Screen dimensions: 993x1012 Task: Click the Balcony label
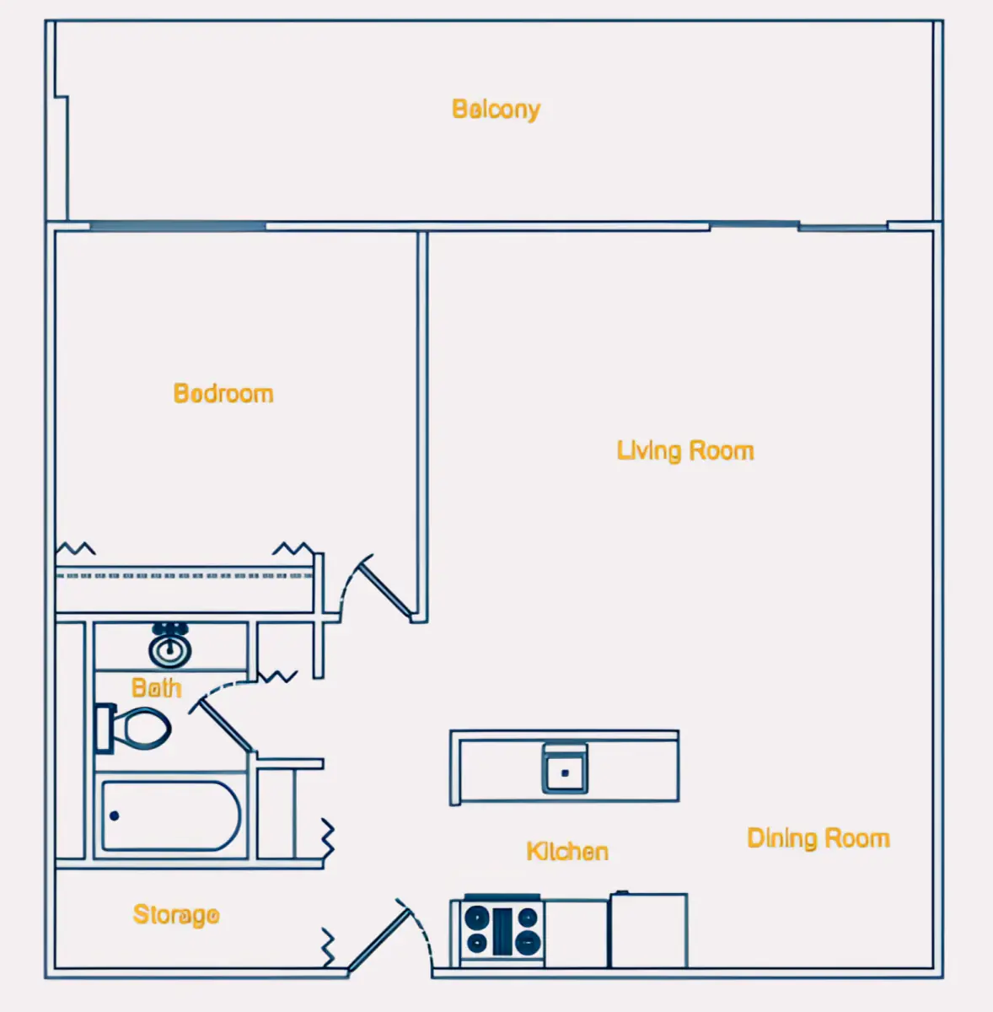click(496, 110)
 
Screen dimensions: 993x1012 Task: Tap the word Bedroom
click(223, 393)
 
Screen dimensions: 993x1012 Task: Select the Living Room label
click(685, 451)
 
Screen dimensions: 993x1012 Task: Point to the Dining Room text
click(819, 838)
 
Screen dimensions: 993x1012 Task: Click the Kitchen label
click(567, 851)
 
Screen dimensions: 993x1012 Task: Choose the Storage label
click(176, 915)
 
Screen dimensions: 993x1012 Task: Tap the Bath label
click(157, 687)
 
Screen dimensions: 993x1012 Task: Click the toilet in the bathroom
click(133, 729)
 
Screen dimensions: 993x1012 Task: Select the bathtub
click(170, 816)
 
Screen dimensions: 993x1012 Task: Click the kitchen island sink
click(565, 769)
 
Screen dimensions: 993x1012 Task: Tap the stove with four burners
click(502, 931)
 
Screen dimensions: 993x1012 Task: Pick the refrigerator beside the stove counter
click(648, 930)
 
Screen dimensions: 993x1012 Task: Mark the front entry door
click(379, 941)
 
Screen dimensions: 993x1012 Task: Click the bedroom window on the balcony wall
click(178, 226)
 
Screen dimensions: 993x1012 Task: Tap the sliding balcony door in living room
click(798, 226)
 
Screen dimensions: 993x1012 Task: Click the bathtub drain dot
click(114, 816)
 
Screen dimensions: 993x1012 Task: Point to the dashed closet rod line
click(185, 576)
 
